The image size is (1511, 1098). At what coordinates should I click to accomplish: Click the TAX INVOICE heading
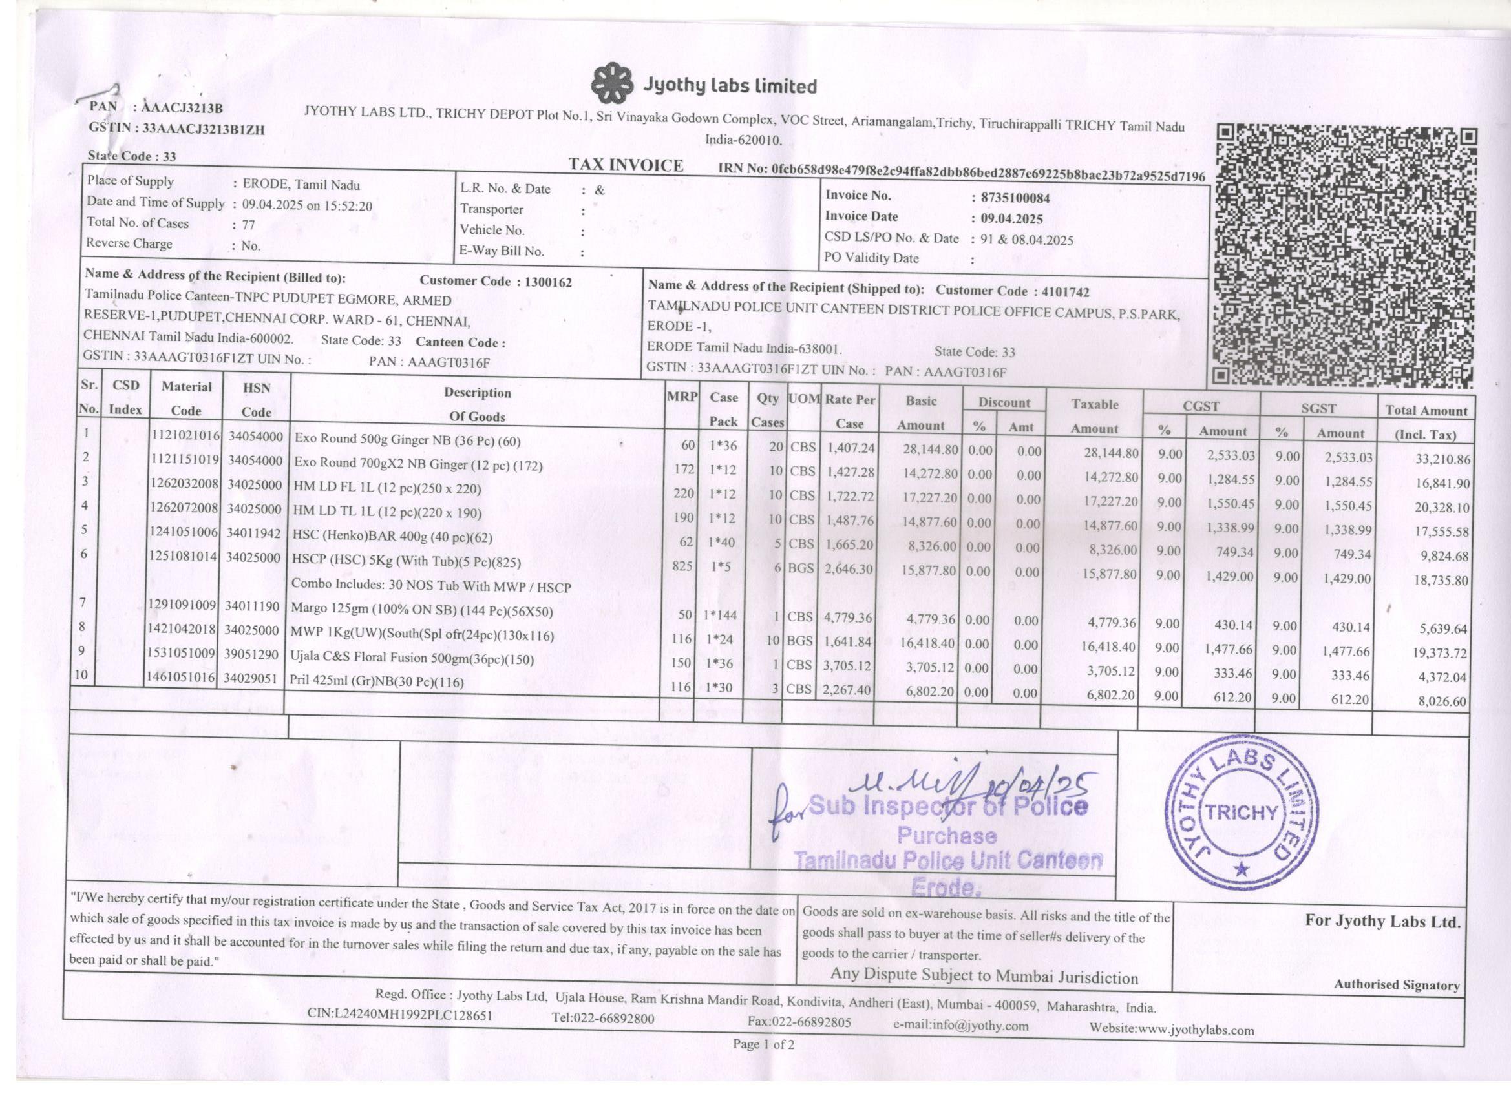point(626,165)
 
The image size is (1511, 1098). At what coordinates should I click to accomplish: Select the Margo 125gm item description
point(423,610)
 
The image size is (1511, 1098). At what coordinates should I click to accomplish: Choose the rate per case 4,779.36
point(847,617)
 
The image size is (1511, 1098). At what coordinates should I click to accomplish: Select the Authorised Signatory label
point(1397,985)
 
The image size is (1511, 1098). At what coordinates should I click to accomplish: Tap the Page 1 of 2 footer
point(763,1044)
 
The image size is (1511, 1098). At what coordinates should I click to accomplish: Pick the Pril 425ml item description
point(377,682)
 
